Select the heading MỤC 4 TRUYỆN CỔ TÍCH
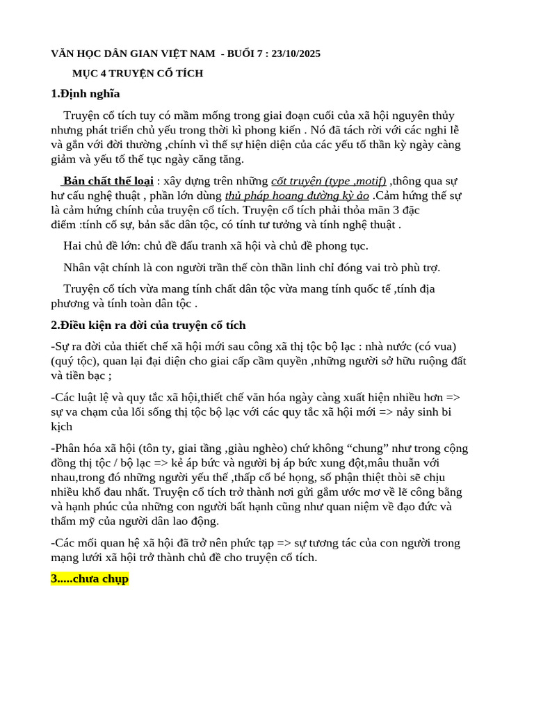click(x=138, y=74)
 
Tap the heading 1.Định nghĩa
click(x=86, y=94)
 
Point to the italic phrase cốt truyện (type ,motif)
click(x=328, y=181)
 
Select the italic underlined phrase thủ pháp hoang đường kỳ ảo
click(x=297, y=195)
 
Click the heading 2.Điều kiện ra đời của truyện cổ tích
click(x=148, y=325)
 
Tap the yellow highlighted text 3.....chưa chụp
click(x=90, y=578)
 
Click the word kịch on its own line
click(x=62, y=426)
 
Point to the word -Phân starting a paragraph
click(x=67, y=448)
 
